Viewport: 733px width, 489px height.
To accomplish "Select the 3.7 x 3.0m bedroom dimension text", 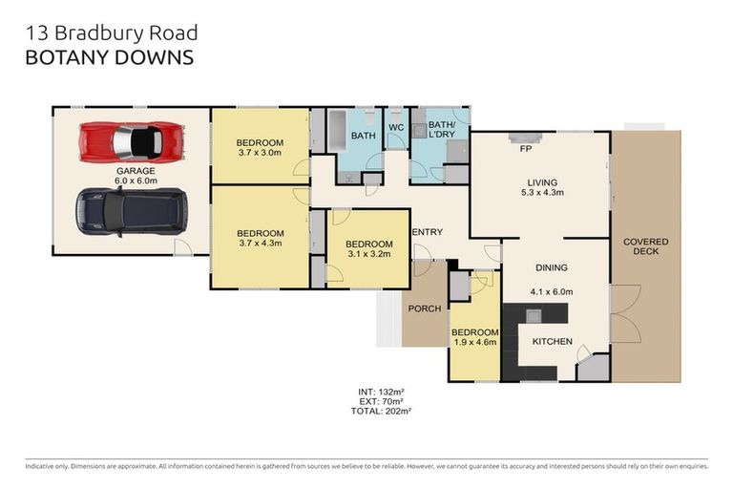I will [x=260, y=153].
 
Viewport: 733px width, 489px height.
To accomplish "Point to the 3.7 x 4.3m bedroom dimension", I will [x=260, y=244].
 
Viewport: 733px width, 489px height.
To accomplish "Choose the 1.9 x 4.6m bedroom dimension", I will [x=473, y=341].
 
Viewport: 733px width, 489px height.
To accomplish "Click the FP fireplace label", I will [x=524, y=150].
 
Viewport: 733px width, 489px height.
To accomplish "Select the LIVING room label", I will [x=542, y=181].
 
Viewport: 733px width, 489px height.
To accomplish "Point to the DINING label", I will [x=551, y=268].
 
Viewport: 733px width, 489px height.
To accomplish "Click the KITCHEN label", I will [x=553, y=341].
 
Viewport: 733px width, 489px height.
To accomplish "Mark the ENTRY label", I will [x=426, y=232].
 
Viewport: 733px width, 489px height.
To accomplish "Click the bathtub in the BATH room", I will [x=339, y=130].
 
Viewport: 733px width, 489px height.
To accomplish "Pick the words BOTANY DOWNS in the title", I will [x=107, y=57].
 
